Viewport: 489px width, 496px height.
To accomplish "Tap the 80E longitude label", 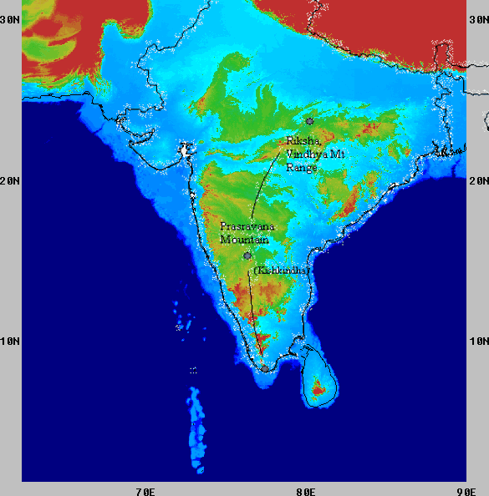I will [306, 490].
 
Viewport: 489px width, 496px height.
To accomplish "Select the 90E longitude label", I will [466, 490].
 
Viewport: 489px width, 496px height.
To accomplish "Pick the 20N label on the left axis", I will [10, 180].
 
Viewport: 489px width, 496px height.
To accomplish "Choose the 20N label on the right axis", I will [478, 180].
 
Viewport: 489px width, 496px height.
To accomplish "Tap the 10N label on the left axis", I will [10, 341].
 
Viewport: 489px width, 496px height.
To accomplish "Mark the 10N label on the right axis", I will [478, 341].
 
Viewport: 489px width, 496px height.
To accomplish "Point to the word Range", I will [302, 167].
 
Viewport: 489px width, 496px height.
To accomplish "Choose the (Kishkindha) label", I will [281, 271].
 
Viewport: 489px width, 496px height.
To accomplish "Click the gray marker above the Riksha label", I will [309, 122].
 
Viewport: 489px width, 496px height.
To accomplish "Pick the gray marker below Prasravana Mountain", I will [247, 256].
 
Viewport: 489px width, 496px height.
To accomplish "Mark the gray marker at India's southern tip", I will [265, 367].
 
